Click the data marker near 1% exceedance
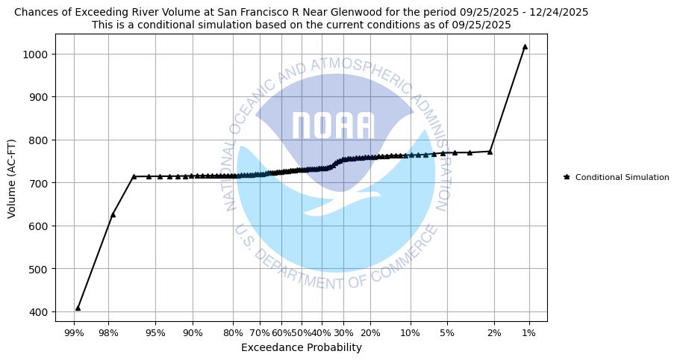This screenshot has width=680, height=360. point(525,46)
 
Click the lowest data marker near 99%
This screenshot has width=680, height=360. point(78,308)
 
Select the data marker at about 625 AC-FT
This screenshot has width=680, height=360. point(113,214)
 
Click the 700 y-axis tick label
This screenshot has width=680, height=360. point(38,183)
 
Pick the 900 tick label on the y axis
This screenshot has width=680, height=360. point(38,97)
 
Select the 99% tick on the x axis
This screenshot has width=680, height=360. point(73,332)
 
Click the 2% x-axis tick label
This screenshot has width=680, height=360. point(494,332)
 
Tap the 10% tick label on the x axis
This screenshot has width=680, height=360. point(410,332)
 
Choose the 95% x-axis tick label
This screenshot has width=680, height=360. point(155,332)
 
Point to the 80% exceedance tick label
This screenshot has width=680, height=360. point(233,332)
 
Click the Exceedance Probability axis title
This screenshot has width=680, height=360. point(301,347)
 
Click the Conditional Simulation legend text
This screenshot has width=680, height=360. point(622,177)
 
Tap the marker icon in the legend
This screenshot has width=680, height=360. point(567,177)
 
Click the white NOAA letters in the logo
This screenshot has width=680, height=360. point(332,126)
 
